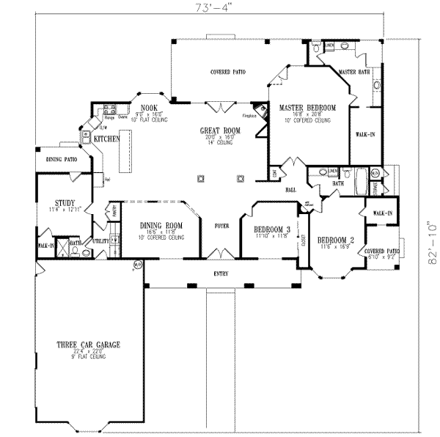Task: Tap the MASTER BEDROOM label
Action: click(307, 109)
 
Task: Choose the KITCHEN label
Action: click(107, 138)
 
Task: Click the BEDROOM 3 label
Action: click(272, 229)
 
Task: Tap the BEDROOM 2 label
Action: click(336, 240)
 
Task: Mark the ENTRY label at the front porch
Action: click(221, 274)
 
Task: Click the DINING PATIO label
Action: click(62, 159)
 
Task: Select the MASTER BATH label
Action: click(353, 71)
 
